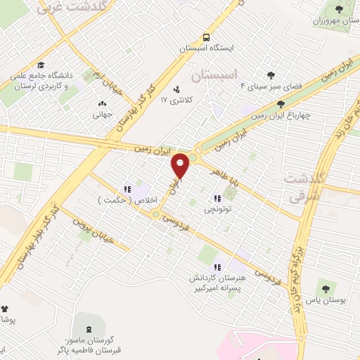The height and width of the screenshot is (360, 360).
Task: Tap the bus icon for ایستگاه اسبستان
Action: pos(206,37)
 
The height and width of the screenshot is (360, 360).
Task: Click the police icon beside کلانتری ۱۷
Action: pos(176,89)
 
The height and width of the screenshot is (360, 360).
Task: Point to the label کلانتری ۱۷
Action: pos(174,100)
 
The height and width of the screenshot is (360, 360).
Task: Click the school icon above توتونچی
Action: pos(217,198)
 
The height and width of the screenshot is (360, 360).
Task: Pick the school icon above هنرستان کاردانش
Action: pos(217,267)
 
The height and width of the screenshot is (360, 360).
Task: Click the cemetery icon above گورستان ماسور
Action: pos(89,330)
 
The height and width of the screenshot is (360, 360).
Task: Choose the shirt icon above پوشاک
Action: pos(4,308)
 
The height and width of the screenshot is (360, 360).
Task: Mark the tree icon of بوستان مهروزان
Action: pos(340,9)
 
